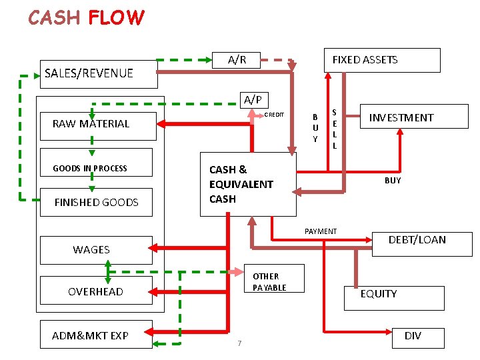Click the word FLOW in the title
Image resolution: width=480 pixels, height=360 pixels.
click(x=116, y=17)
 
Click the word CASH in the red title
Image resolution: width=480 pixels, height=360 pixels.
click(x=54, y=17)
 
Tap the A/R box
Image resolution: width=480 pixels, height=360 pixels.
click(x=237, y=60)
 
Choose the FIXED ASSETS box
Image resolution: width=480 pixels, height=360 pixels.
click(x=381, y=60)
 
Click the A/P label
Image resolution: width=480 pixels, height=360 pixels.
click(x=252, y=100)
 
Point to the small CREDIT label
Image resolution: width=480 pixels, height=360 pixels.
click(x=274, y=115)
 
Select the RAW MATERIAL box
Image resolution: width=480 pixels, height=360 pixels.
click(x=97, y=124)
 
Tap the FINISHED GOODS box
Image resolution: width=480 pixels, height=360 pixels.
click(x=96, y=202)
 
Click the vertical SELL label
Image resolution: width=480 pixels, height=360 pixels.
click(x=335, y=129)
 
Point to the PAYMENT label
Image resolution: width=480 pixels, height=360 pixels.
click(x=321, y=231)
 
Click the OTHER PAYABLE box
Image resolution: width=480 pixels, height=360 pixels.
click(x=269, y=281)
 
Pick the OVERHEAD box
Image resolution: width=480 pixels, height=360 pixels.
click(x=95, y=291)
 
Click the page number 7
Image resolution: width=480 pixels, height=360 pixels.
click(x=239, y=343)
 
